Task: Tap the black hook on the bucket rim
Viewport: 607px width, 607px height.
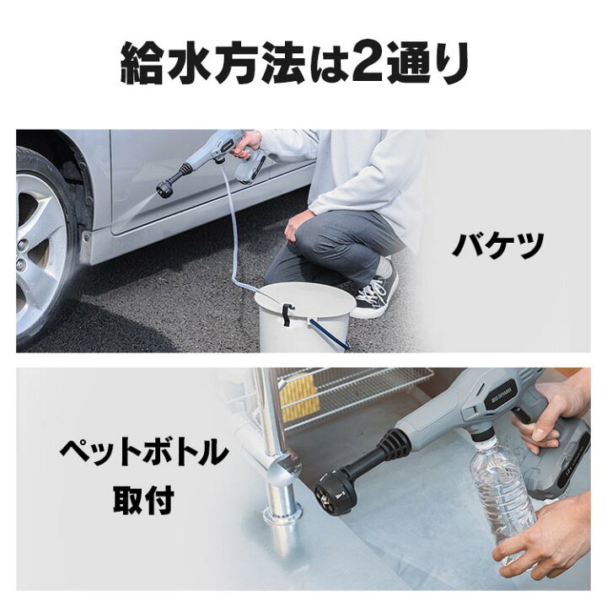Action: coord(289,314)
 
